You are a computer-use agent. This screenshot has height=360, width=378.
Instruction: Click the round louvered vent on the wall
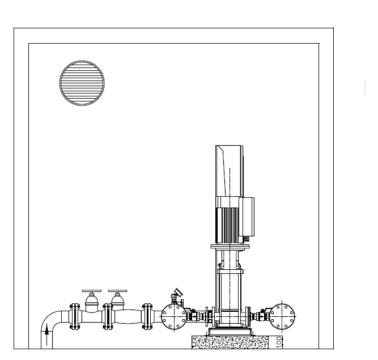point(82,83)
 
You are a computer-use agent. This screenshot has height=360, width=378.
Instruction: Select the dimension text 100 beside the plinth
point(279,342)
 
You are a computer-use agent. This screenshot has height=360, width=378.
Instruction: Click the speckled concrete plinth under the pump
point(230,342)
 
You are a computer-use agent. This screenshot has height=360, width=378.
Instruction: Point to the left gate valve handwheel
point(92,291)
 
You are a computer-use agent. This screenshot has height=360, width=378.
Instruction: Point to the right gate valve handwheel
point(118,291)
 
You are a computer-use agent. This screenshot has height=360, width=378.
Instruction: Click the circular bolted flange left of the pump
point(174,317)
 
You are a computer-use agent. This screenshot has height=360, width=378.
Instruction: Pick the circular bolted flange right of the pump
point(282,317)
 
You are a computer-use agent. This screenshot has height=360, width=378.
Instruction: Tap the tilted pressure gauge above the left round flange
point(179,293)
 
